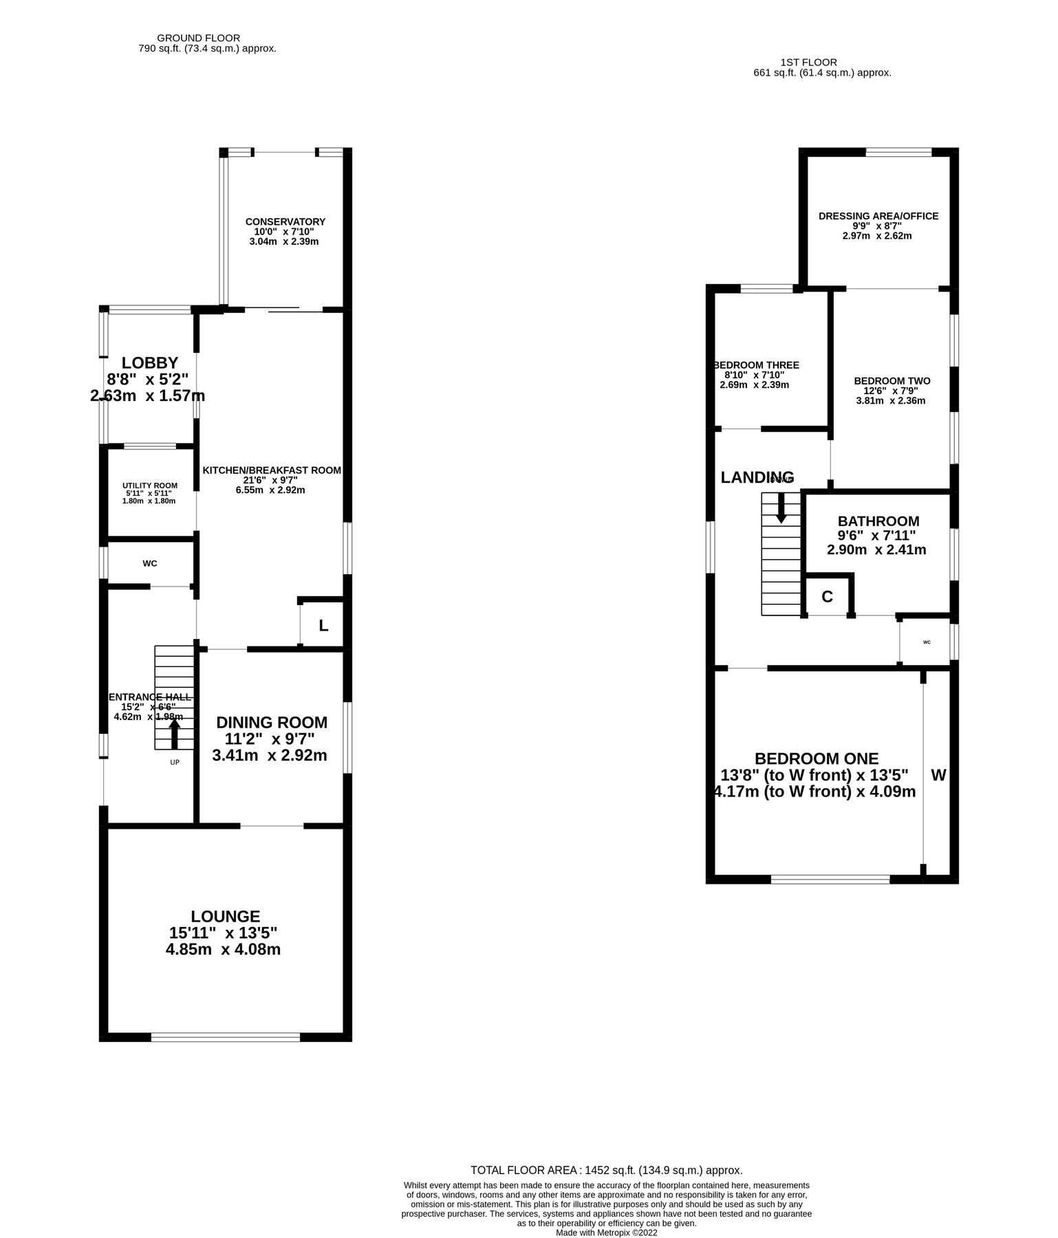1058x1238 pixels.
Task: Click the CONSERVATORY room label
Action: pyautogui.click(x=285, y=221)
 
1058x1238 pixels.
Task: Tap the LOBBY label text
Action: pyautogui.click(x=150, y=362)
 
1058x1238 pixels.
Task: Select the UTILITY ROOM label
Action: pyautogui.click(x=150, y=486)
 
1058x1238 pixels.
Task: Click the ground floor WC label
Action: pyautogui.click(x=150, y=563)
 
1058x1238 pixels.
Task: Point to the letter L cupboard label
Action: pyautogui.click(x=323, y=626)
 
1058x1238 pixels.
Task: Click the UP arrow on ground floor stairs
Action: pyautogui.click(x=175, y=733)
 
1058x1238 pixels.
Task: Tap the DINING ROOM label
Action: pyautogui.click(x=272, y=722)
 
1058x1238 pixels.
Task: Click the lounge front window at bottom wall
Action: pyautogui.click(x=225, y=1036)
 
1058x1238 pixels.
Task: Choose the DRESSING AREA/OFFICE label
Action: pyautogui.click(x=878, y=216)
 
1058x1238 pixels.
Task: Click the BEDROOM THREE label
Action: pyautogui.click(x=756, y=365)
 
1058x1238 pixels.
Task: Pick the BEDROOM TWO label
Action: pyautogui.click(x=892, y=380)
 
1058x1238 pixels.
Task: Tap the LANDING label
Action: pyautogui.click(x=757, y=477)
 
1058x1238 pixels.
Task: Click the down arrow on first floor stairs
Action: pyautogui.click(x=781, y=508)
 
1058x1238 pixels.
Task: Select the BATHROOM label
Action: pyautogui.click(x=878, y=521)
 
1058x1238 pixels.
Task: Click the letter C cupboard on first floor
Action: pyautogui.click(x=827, y=597)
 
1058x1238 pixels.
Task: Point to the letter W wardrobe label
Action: pyautogui.click(x=938, y=775)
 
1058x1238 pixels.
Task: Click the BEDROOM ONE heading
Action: pyautogui.click(x=817, y=759)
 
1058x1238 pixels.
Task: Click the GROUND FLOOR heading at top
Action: pyautogui.click(x=198, y=38)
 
